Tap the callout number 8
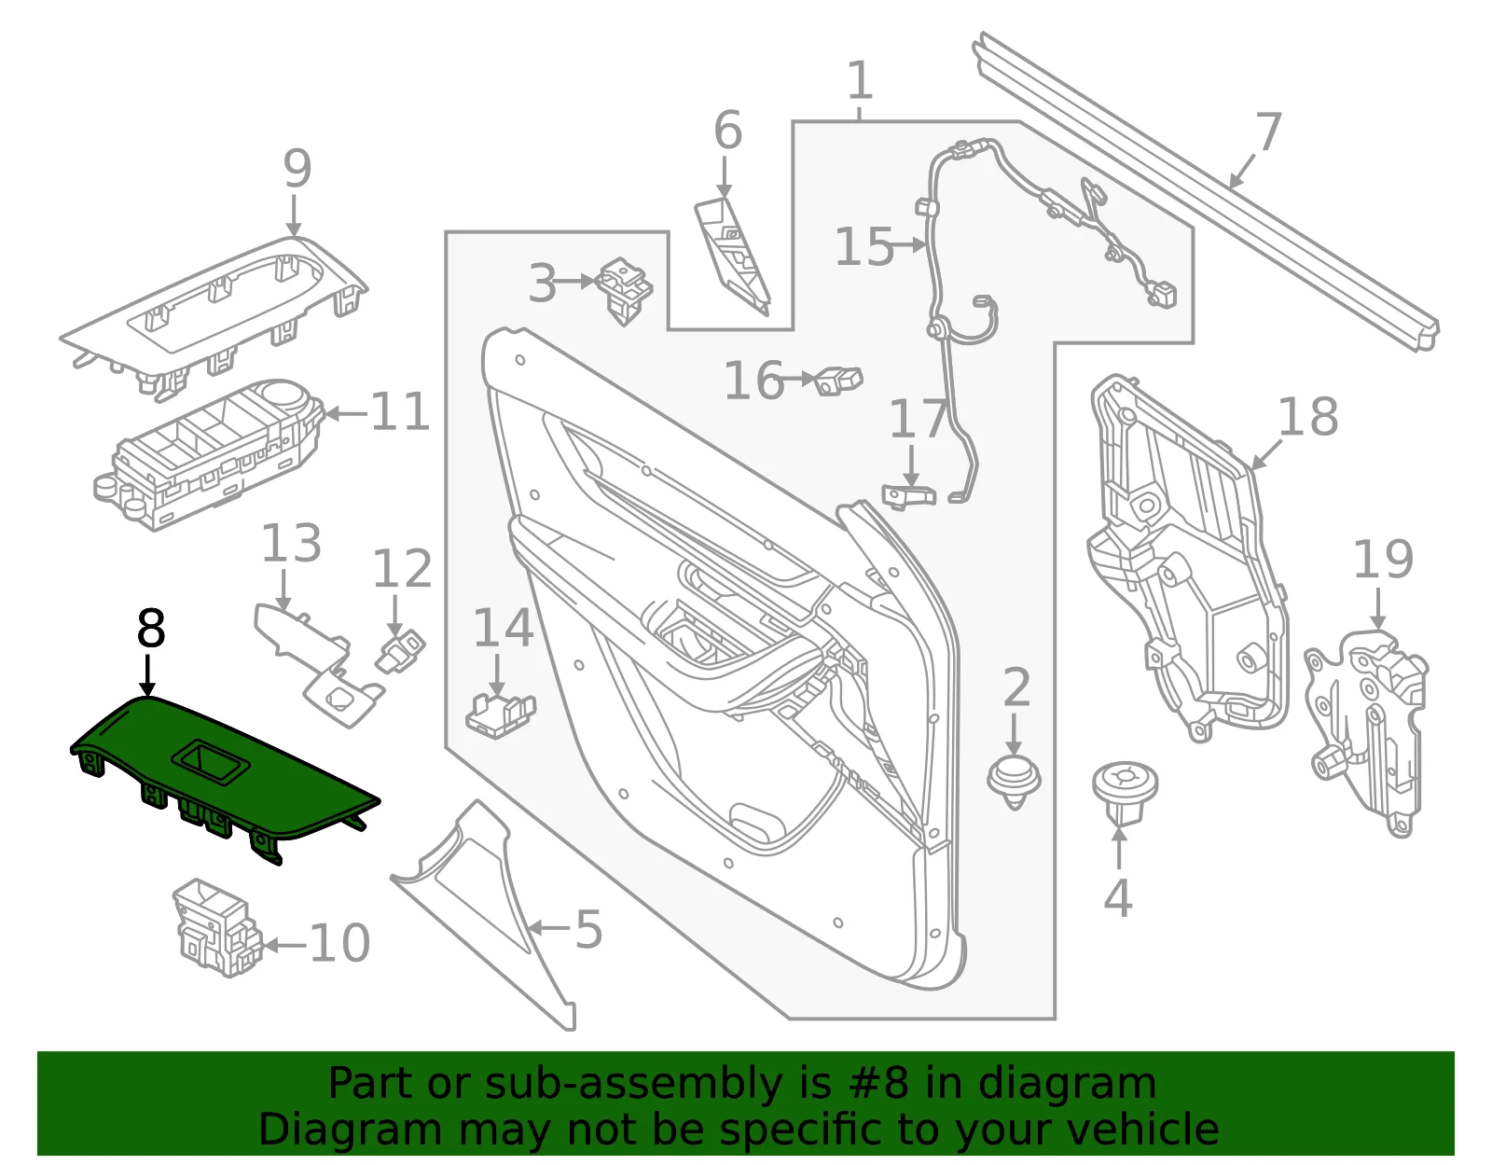click(151, 628)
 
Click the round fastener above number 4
click(1125, 793)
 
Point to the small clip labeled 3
click(624, 290)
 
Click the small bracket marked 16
click(837, 380)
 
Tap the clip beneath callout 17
click(908, 495)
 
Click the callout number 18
click(1308, 417)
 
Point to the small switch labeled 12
click(400, 651)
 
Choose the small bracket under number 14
click(501, 716)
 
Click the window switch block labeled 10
click(217, 927)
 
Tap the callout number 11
click(400, 412)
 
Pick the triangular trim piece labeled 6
click(732, 257)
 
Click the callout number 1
click(860, 80)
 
